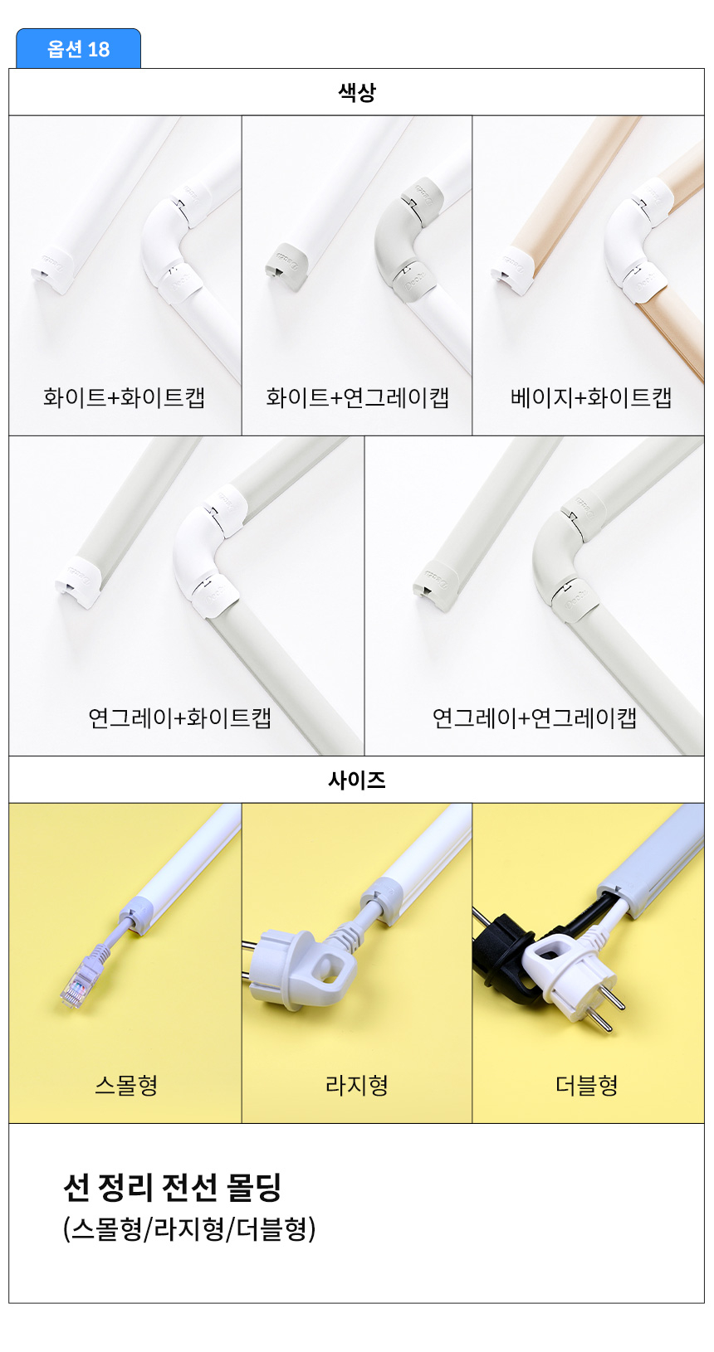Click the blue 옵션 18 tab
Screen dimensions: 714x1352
click(78, 49)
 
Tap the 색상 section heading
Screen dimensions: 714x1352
click(356, 92)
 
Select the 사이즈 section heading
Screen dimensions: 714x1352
click(356, 780)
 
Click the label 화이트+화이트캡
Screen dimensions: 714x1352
click(124, 397)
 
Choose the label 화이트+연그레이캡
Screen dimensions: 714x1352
click(357, 397)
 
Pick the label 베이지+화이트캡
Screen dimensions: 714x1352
click(591, 397)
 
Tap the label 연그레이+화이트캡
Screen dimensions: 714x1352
click(179, 717)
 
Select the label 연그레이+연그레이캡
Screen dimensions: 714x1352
click(534, 717)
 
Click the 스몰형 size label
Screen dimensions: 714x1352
click(125, 1085)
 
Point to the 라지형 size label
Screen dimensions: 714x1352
click(356, 1085)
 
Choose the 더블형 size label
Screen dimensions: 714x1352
click(586, 1085)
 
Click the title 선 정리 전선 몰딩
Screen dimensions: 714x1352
click(173, 1187)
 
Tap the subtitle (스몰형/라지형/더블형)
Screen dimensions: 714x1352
click(189, 1229)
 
